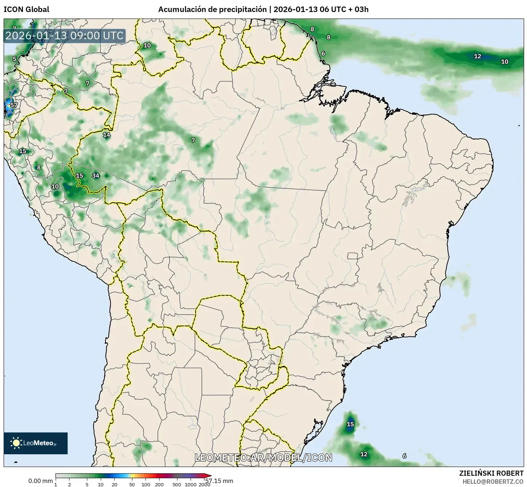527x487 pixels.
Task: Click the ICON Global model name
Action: pyautogui.click(x=26, y=9)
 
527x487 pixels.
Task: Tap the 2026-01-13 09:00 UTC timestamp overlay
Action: pyautogui.click(x=64, y=36)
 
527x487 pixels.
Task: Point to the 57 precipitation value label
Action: pyautogui.click(x=14, y=105)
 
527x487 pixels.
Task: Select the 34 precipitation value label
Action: pyautogui.click(x=95, y=176)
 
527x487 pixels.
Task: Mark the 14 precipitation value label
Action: pyautogui.click(x=106, y=135)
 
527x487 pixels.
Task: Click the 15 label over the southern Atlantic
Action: pyautogui.click(x=350, y=424)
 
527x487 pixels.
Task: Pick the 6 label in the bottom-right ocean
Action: pyautogui.click(x=404, y=456)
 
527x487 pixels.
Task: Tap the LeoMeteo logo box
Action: pyautogui.click(x=36, y=443)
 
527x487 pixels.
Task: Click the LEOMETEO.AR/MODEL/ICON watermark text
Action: pyautogui.click(x=263, y=458)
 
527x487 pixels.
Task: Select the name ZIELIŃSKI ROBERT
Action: pyautogui.click(x=491, y=473)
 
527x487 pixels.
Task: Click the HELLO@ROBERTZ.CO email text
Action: pyautogui.click(x=493, y=481)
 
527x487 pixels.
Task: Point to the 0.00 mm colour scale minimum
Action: pyautogui.click(x=40, y=481)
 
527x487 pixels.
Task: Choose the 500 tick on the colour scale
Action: pyautogui.click(x=177, y=484)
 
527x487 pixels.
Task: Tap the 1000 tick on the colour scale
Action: pyautogui.click(x=191, y=484)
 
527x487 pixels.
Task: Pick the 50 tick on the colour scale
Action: pyautogui.click(x=132, y=484)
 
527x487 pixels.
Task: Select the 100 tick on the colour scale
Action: pyautogui.click(x=145, y=484)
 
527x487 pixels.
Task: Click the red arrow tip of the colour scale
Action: pyautogui.click(x=209, y=476)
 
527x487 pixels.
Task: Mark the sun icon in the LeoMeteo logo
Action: pyautogui.click(x=16, y=443)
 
